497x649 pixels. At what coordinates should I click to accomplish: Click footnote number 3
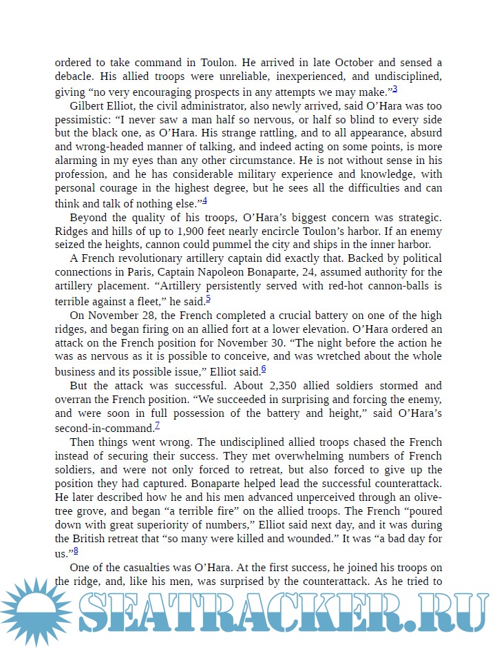click(x=395, y=88)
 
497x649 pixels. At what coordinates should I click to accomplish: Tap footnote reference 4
click(x=205, y=200)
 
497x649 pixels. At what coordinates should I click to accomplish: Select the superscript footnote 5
click(x=208, y=298)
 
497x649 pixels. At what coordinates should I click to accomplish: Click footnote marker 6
click(x=264, y=369)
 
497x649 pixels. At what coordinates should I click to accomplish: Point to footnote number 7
click(x=158, y=425)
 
